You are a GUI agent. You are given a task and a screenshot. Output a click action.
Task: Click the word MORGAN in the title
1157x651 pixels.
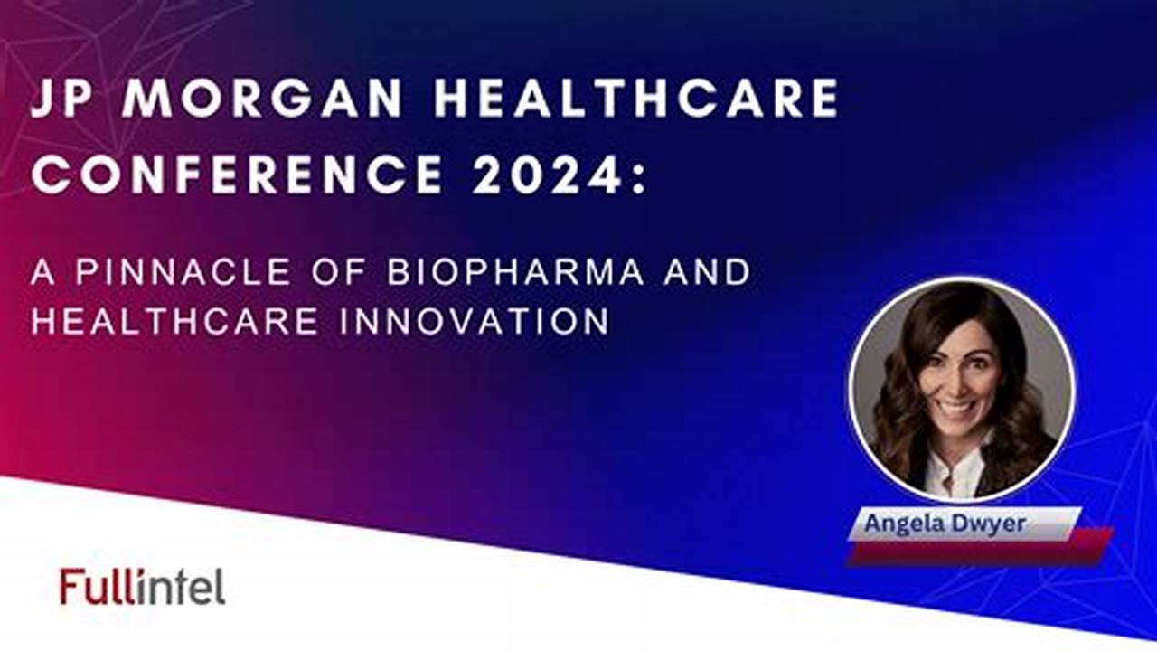[x=261, y=98]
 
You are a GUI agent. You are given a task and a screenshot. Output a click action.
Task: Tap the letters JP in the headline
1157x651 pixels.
[x=63, y=98]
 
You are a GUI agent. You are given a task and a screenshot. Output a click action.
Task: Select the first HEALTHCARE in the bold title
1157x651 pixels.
[x=635, y=98]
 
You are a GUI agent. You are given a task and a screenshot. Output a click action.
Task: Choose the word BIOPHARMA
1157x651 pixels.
[x=515, y=272]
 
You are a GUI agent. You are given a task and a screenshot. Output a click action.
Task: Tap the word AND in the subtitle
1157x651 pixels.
[x=707, y=272]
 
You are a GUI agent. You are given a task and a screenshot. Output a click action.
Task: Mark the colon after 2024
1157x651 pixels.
[x=639, y=175]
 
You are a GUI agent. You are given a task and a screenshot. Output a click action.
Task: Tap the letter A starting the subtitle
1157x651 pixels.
[x=42, y=272]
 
